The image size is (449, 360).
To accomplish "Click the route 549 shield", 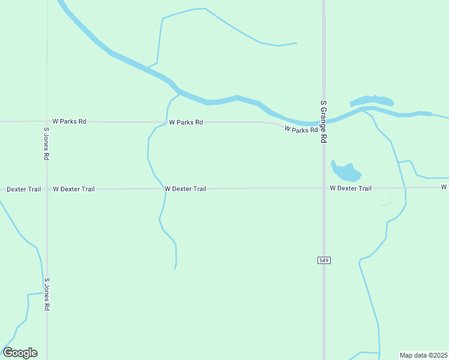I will pyautogui.click(x=324, y=260).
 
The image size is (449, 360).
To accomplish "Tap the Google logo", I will pyautogui.click(x=20, y=353).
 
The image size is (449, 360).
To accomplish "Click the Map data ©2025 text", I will pyautogui.click(x=423, y=355).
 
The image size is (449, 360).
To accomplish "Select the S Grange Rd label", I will pyautogui.click(x=324, y=121).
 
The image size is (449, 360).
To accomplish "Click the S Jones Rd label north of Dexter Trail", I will pyautogui.click(x=46, y=143).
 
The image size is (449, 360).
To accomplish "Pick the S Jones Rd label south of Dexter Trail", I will pyautogui.click(x=46, y=294).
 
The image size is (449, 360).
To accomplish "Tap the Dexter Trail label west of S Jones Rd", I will pyautogui.click(x=24, y=189).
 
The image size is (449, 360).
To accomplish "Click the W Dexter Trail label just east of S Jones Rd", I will pyautogui.click(x=74, y=189).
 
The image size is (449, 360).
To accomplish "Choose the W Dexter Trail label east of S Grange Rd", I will pyautogui.click(x=351, y=188).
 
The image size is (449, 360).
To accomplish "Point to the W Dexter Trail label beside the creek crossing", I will pyautogui.click(x=185, y=189).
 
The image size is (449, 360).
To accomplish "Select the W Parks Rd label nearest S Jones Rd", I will pyautogui.click(x=70, y=121).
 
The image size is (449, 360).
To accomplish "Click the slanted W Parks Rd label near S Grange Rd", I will pyautogui.click(x=301, y=129).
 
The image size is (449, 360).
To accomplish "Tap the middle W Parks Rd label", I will pyautogui.click(x=186, y=122).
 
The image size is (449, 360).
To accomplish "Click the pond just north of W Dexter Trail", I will pyautogui.click(x=346, y=172).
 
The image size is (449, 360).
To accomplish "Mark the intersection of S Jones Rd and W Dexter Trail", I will pyautogui.click(x=47, y=189).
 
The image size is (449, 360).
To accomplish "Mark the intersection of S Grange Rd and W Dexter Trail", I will pyautogui.click(x=324, y=188).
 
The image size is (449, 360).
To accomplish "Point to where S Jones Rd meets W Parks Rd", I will pyautogui.click(x=47, y=121).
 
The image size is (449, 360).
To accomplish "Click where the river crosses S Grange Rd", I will pyautogui.click(x=324, y=122).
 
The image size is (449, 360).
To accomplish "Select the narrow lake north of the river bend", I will pyautogui.click(x=372, y=100).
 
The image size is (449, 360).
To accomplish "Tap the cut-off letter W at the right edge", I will pyautogui.click(x=445, y=187).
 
